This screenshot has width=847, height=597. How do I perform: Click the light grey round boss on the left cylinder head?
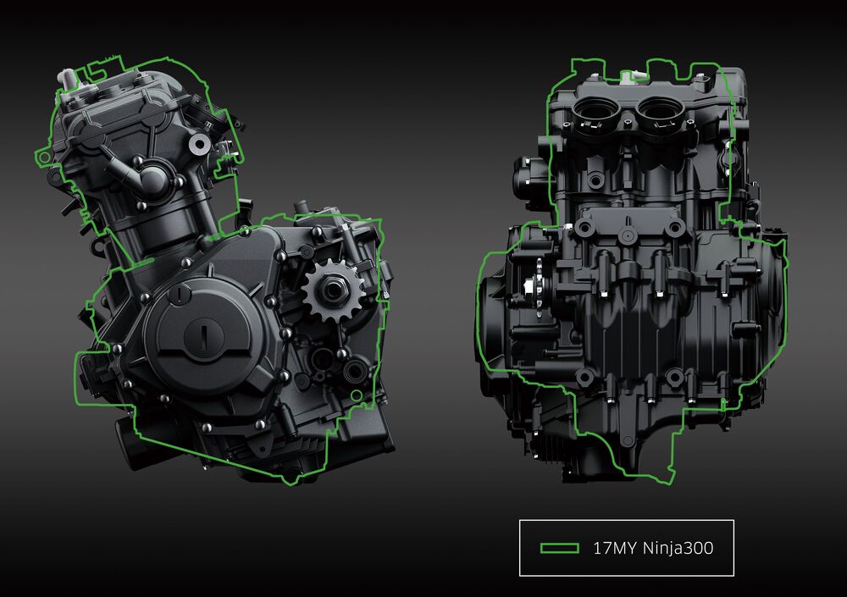(199, 143)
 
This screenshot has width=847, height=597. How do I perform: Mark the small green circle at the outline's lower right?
(356, 396)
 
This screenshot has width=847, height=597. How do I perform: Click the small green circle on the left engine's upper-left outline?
(45, 158)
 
